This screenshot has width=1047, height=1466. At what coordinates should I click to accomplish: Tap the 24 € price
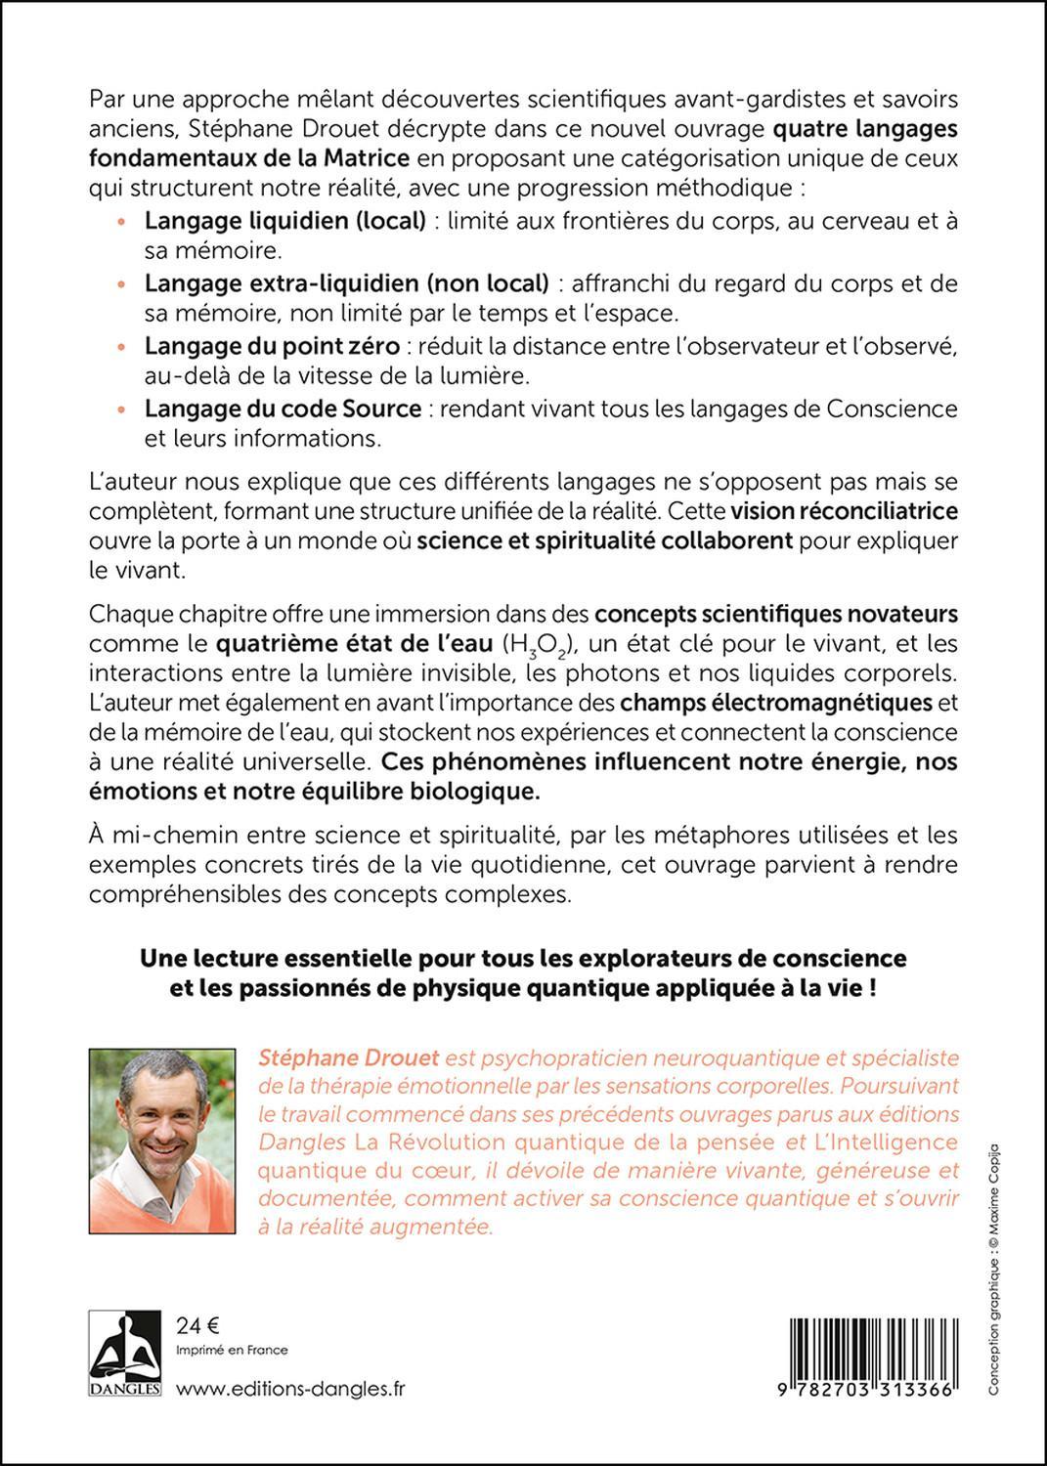pyautogui.click(x=197, y=1325)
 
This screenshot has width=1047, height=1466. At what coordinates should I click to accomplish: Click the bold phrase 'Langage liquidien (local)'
pyautogui.click(x=284, y=220)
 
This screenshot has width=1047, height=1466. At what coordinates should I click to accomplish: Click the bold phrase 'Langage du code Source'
pyautogui.click(x=283, y=408)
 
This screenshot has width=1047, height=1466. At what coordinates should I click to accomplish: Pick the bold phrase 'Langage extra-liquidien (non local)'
pyautogui.click(x=346, y=282)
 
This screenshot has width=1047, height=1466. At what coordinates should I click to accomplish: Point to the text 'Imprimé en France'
pyautogui.click(x=232, y=1350)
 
